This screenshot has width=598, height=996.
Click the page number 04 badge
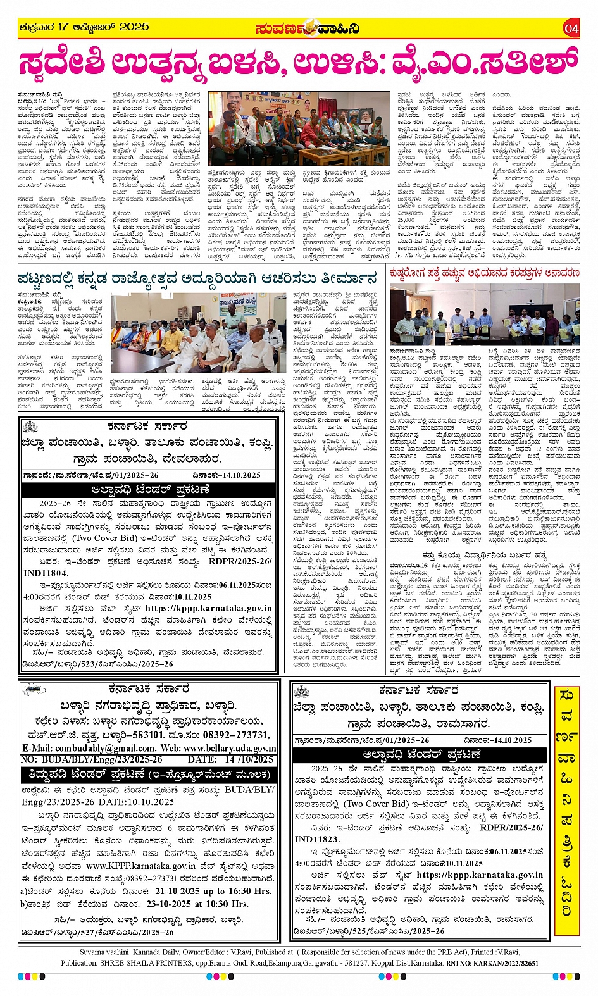(x=571, y=28)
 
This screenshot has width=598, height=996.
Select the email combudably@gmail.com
(x=96, y=748)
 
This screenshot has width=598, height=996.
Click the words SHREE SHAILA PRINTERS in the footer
(x=139, y=963)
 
